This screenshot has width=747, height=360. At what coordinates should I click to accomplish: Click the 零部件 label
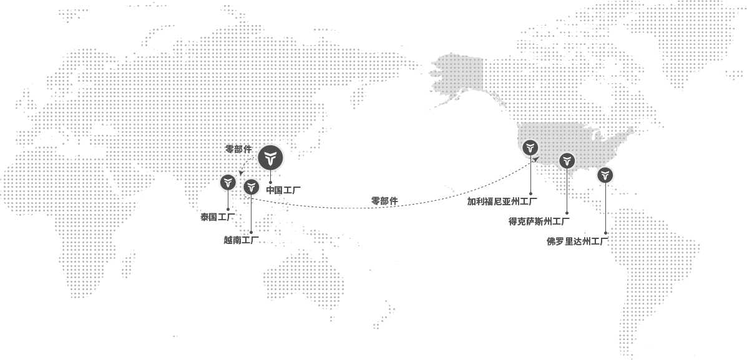tap(238, 149)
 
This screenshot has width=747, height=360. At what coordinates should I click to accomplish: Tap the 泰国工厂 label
tap(217, 217)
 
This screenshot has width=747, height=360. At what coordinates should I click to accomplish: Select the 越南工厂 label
tap(241, 240)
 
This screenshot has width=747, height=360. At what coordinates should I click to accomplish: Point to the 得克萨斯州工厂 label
tap(539, 221)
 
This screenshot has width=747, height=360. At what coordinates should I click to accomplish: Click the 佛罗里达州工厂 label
tap(577, 241)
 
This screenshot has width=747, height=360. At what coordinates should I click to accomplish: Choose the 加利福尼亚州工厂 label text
tap(499, 201)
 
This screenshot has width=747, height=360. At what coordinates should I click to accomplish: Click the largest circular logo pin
tap(270, 157)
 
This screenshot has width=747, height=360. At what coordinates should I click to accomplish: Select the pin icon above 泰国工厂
tap(228, 182)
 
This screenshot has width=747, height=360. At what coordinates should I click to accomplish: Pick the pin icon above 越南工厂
tap(251, 187)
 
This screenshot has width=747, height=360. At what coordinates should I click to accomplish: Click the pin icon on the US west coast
tap(530, 147)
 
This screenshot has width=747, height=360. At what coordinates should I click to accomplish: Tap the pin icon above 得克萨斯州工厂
tap(567, 160)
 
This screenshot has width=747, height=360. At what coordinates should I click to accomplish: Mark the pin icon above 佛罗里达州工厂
tap(605, 175)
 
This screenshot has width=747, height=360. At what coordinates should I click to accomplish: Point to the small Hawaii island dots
tap(449, 188)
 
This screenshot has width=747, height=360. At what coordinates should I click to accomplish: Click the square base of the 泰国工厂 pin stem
tap(228, 209)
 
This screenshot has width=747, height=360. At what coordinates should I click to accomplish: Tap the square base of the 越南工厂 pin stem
tap(251, 232)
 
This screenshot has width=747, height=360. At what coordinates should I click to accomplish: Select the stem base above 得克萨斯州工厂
tap(567, 213)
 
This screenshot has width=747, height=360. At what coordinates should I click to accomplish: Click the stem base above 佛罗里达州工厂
tap(605, 232)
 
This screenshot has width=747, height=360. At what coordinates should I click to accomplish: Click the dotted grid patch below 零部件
tap(247, 166)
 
